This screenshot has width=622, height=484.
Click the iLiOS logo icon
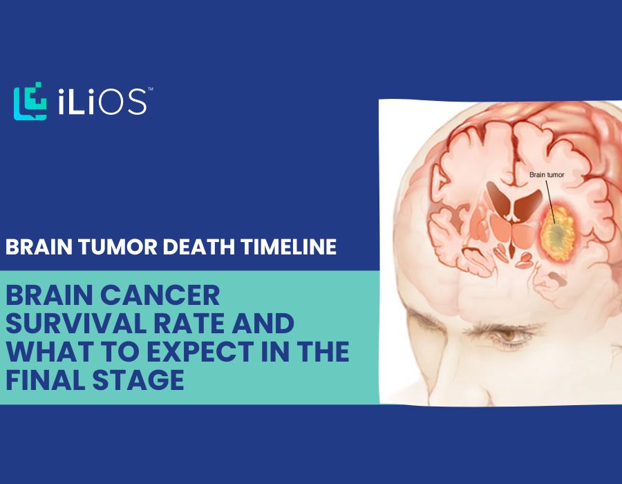(29, 103)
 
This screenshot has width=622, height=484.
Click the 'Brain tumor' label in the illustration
(547, 176)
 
